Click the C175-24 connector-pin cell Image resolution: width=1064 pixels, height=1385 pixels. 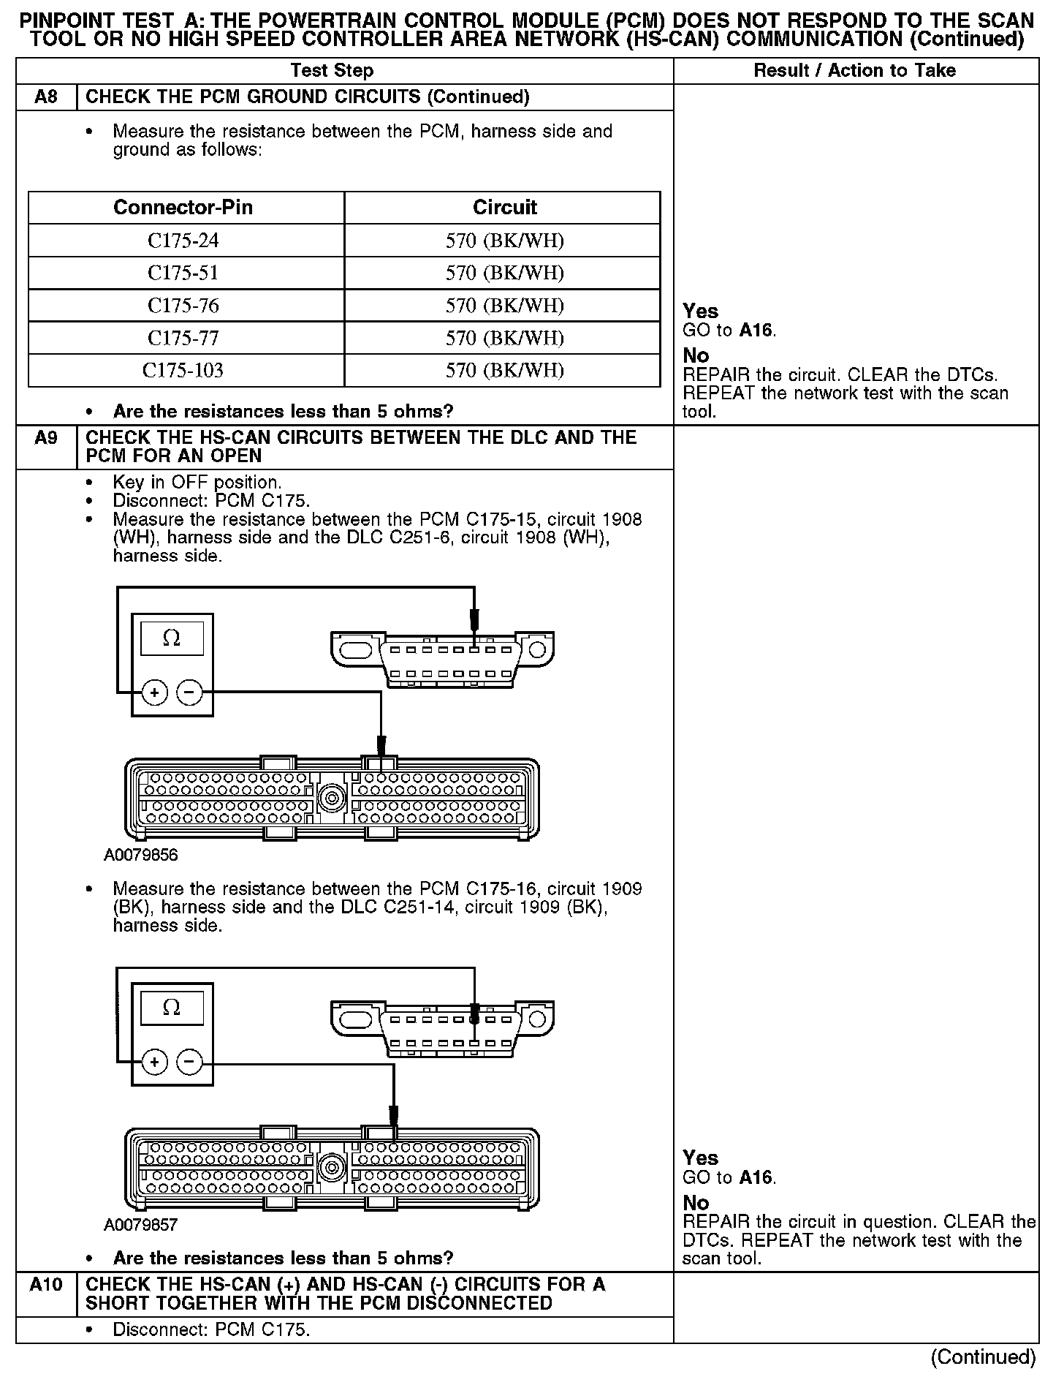pos(183,241)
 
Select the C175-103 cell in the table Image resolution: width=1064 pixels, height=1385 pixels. pos(183,370)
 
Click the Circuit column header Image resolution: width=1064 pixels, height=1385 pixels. pos(504,208)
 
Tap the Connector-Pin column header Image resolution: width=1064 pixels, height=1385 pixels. pos(183,208)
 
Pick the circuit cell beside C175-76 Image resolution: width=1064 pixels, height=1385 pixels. pos(504,306)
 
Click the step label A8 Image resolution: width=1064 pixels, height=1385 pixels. pos(46,97)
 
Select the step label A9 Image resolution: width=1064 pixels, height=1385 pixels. pos(46,438)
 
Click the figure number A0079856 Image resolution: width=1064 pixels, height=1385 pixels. pos(141,855)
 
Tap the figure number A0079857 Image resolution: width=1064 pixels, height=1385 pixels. pos(141,1225)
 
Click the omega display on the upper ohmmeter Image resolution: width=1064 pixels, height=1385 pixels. pos(172,638)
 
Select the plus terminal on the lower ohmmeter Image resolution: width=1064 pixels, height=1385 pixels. pos(154,1061)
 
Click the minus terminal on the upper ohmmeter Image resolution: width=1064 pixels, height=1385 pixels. pos(190,692)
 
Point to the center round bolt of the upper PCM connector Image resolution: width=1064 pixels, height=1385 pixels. pos(332,797)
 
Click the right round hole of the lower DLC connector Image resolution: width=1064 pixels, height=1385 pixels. pos(537,1019)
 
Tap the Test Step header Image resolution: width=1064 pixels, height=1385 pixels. pos(332,71)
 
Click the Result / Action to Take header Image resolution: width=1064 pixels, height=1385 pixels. pos(854,71)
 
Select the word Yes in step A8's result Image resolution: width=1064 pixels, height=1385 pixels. pos(700,312)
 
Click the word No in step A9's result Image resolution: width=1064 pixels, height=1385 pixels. pos(696,1203)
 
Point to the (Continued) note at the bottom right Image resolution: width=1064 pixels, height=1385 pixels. pos(983,1357)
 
